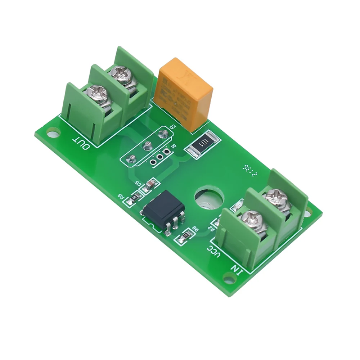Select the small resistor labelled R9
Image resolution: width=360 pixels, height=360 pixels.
136,197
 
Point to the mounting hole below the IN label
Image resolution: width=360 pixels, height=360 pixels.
228,277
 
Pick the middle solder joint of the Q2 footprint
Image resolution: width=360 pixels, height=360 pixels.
147,145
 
